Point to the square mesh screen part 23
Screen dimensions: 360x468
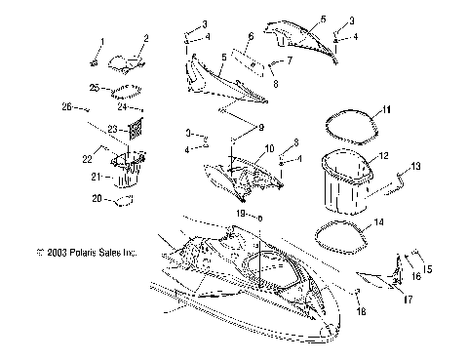(x=141, y=126)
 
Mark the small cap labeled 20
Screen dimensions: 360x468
(x=122, y=201)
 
